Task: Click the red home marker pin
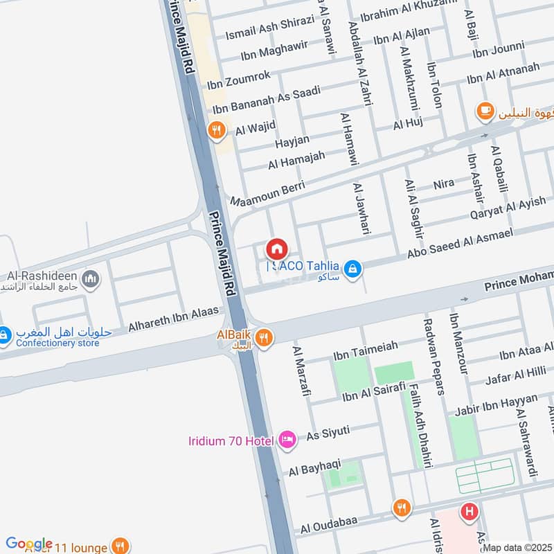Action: pos(276,248)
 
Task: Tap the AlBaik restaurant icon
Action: pos(262,338)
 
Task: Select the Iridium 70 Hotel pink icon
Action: pos(287,440)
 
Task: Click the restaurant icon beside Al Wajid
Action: pos(217,129)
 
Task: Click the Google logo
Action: pos(29,544)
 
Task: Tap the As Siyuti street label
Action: pos(328,432)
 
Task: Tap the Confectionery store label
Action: pos(55,343)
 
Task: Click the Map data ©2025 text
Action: pos(517,547)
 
